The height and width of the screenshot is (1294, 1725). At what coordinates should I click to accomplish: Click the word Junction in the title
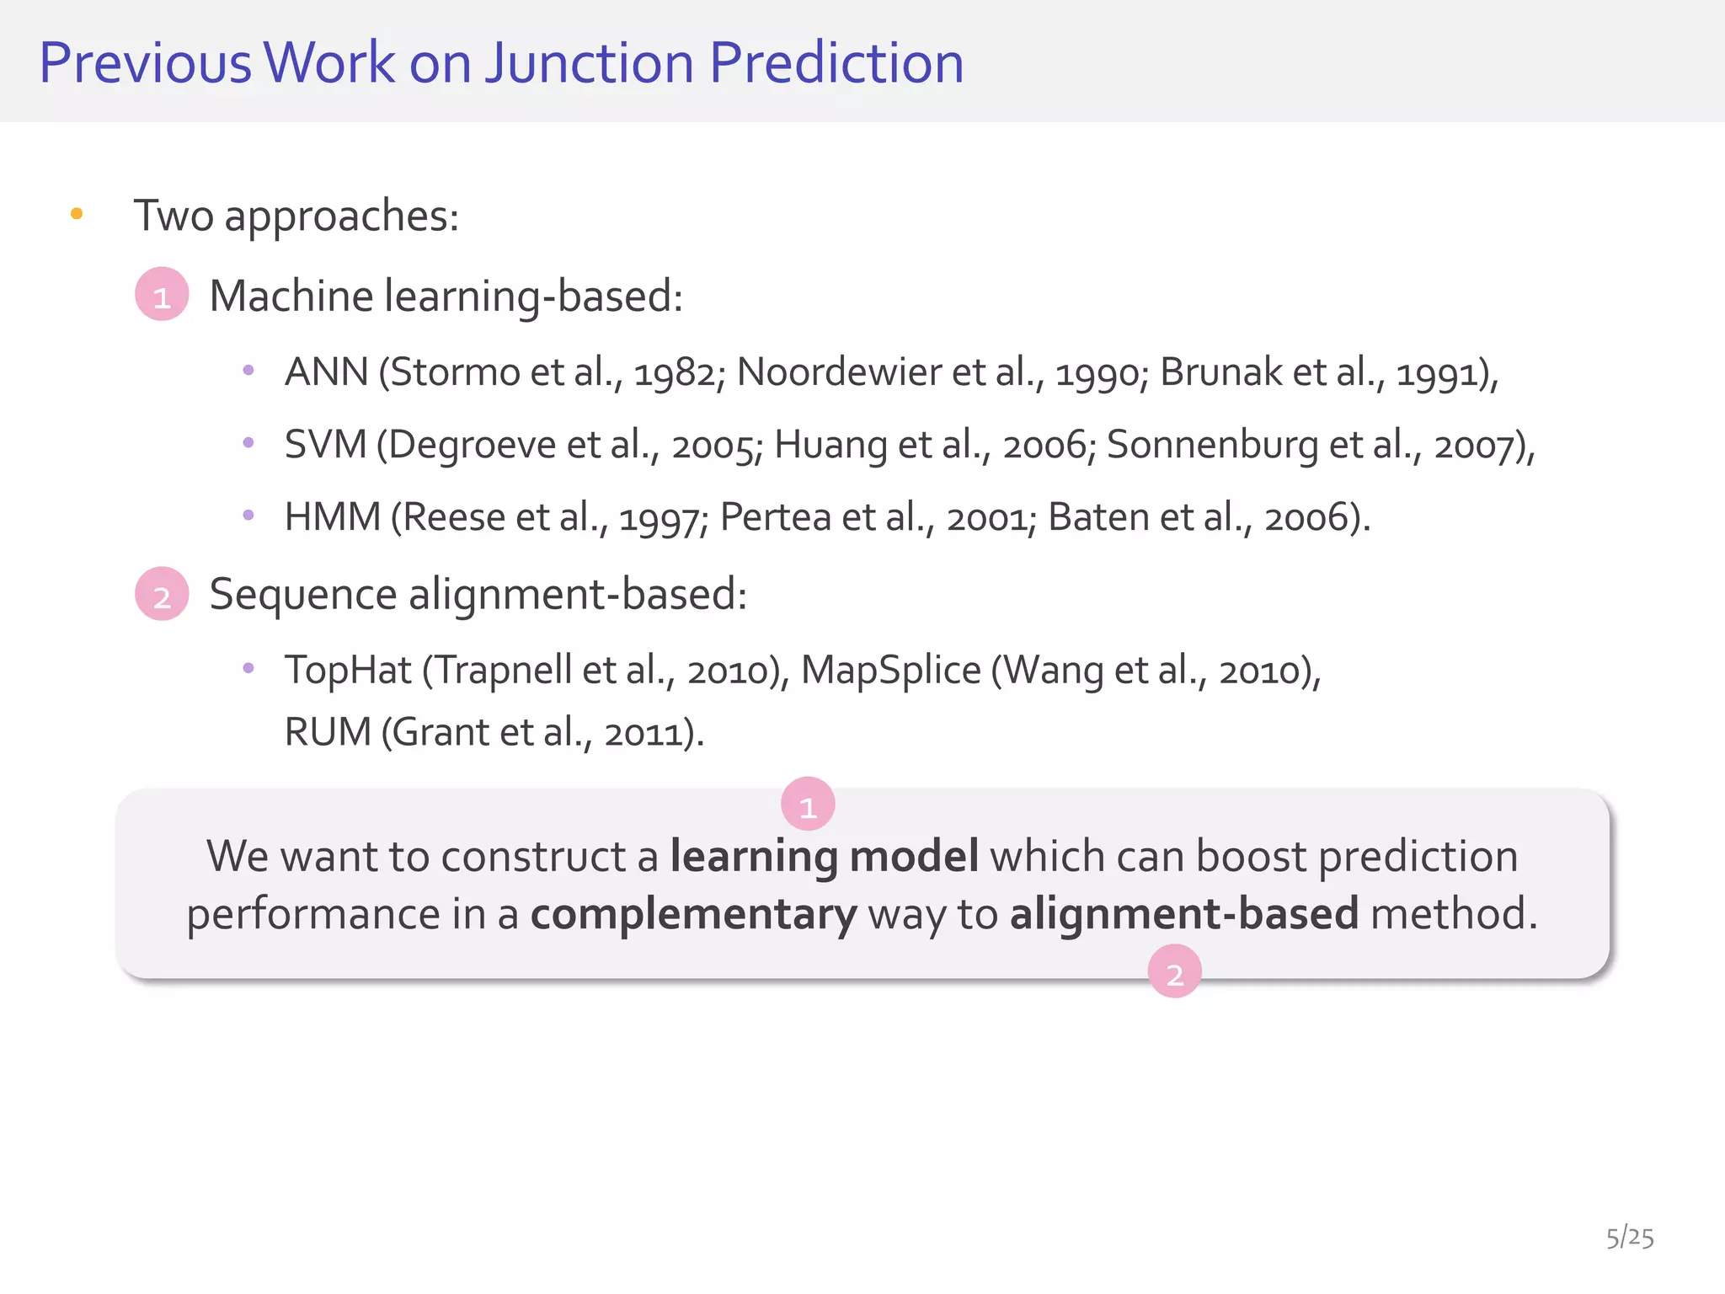pyautogui.click(x=589, y=63)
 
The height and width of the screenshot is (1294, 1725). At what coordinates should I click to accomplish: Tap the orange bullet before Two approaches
pyautogui.click(x=77, y=214)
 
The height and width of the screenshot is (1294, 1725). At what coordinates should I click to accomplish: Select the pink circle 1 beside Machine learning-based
pyautogui.click(x=162, y=294)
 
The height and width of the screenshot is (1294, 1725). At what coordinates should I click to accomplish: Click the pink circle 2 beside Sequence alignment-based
pyautogui.click(x=162, y=594)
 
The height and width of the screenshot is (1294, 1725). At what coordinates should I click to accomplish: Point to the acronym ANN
pyautogui.click(x=326, y=372)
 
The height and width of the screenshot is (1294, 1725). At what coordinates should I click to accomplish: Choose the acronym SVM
pyautogui.click(x=325, y=444)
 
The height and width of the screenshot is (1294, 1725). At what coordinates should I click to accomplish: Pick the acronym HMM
pyautogui.click(x=333, y=516)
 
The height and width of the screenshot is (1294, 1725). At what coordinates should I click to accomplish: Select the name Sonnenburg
pyautogui.click(x=1212, y=444)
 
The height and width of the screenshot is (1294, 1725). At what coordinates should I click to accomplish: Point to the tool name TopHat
pyautogui.click(x=348, y=671)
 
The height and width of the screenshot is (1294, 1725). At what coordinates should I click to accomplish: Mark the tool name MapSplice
pyautogui.click(x=890, y=671)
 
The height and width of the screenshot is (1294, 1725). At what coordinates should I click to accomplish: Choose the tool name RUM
pyautogui.click(x=328, y=731)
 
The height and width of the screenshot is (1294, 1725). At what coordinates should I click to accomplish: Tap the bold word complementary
pyautogui.click(x=693, y=914)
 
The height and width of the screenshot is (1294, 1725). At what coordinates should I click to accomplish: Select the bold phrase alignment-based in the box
pyautogui.click(x=1184, y=914)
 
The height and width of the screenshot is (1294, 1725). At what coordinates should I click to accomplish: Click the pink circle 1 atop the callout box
pyautogui.click(x=808, y=804)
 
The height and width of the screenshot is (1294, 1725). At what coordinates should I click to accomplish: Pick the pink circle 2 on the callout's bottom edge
pyautogui.click(x=1174, y=971)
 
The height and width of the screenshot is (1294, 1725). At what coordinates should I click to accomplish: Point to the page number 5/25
pyautogui.click(x=1630, y=1238)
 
